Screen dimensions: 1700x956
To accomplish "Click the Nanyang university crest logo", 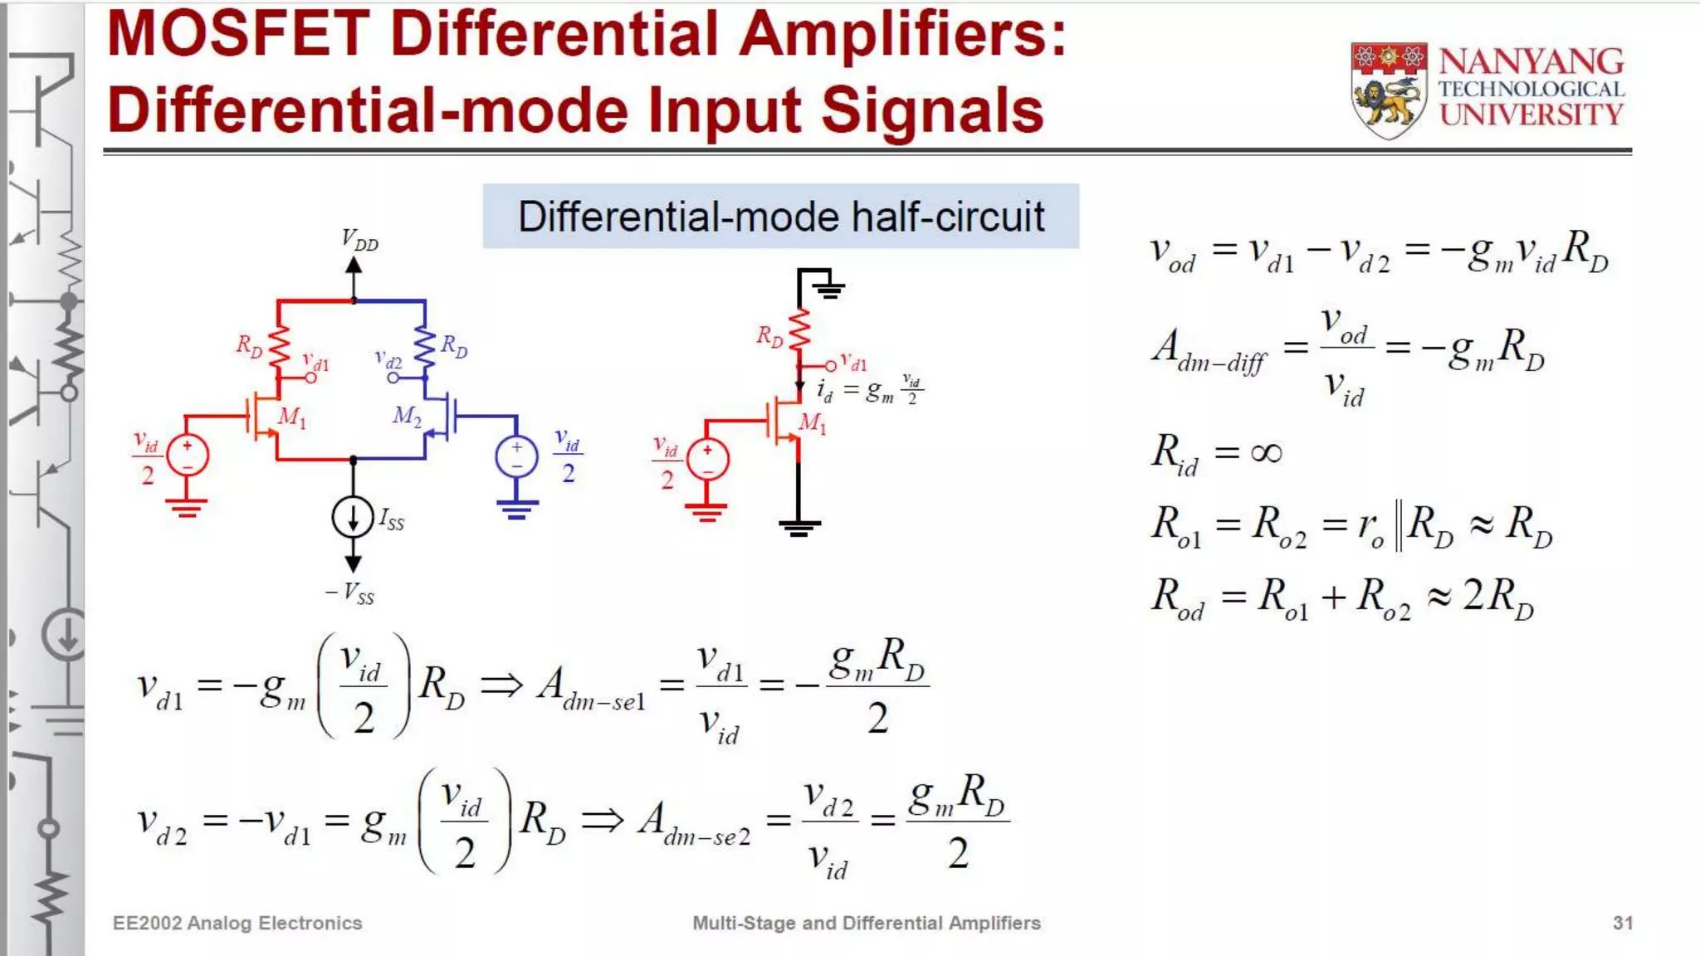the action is tap(1389, 90).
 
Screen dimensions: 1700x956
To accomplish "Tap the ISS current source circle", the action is tap(353, 516).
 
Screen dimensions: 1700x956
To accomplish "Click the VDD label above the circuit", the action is tap(359, 240).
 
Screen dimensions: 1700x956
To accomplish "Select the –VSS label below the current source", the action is tap(349, 593).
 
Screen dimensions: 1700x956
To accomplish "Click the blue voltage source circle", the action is tap(516, 457).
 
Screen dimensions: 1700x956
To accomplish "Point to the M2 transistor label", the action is tap(407, 415).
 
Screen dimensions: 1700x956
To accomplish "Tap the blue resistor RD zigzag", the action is tap(425, 349).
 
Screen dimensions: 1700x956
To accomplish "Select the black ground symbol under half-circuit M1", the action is tap(799, 526).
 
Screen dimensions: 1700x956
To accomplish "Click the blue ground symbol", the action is tap(516, 508).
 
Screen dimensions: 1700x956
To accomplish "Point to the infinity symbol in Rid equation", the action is tap(1265, 453).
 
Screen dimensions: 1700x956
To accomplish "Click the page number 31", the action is tap(1623, 923).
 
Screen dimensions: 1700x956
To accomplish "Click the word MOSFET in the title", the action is tap(239, 35).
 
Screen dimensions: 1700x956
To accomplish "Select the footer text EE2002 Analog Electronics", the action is tap(237, 923).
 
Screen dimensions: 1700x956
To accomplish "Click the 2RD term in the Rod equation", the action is tap(1497, 597).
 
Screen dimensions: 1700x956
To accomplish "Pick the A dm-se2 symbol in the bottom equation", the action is tap(693, 822).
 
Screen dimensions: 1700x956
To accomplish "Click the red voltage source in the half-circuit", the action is tap(706, 460).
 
